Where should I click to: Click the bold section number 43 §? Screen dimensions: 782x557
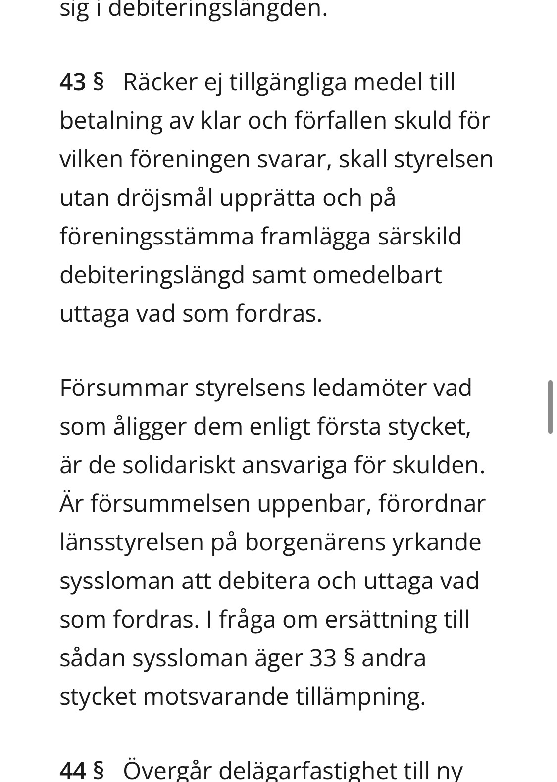(x=82, y=82)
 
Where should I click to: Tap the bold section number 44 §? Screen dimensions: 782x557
(x=82, y=770)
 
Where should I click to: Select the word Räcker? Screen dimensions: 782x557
(x=160, y=82)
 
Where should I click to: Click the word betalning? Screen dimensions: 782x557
(x=110, y=121)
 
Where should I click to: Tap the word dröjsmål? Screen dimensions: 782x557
(x=164, y=198)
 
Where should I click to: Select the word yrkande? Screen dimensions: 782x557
(x=436, y=542)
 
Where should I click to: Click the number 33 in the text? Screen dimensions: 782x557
(x=323, y=658)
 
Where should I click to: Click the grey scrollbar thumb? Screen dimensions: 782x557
(x=550, y=407)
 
